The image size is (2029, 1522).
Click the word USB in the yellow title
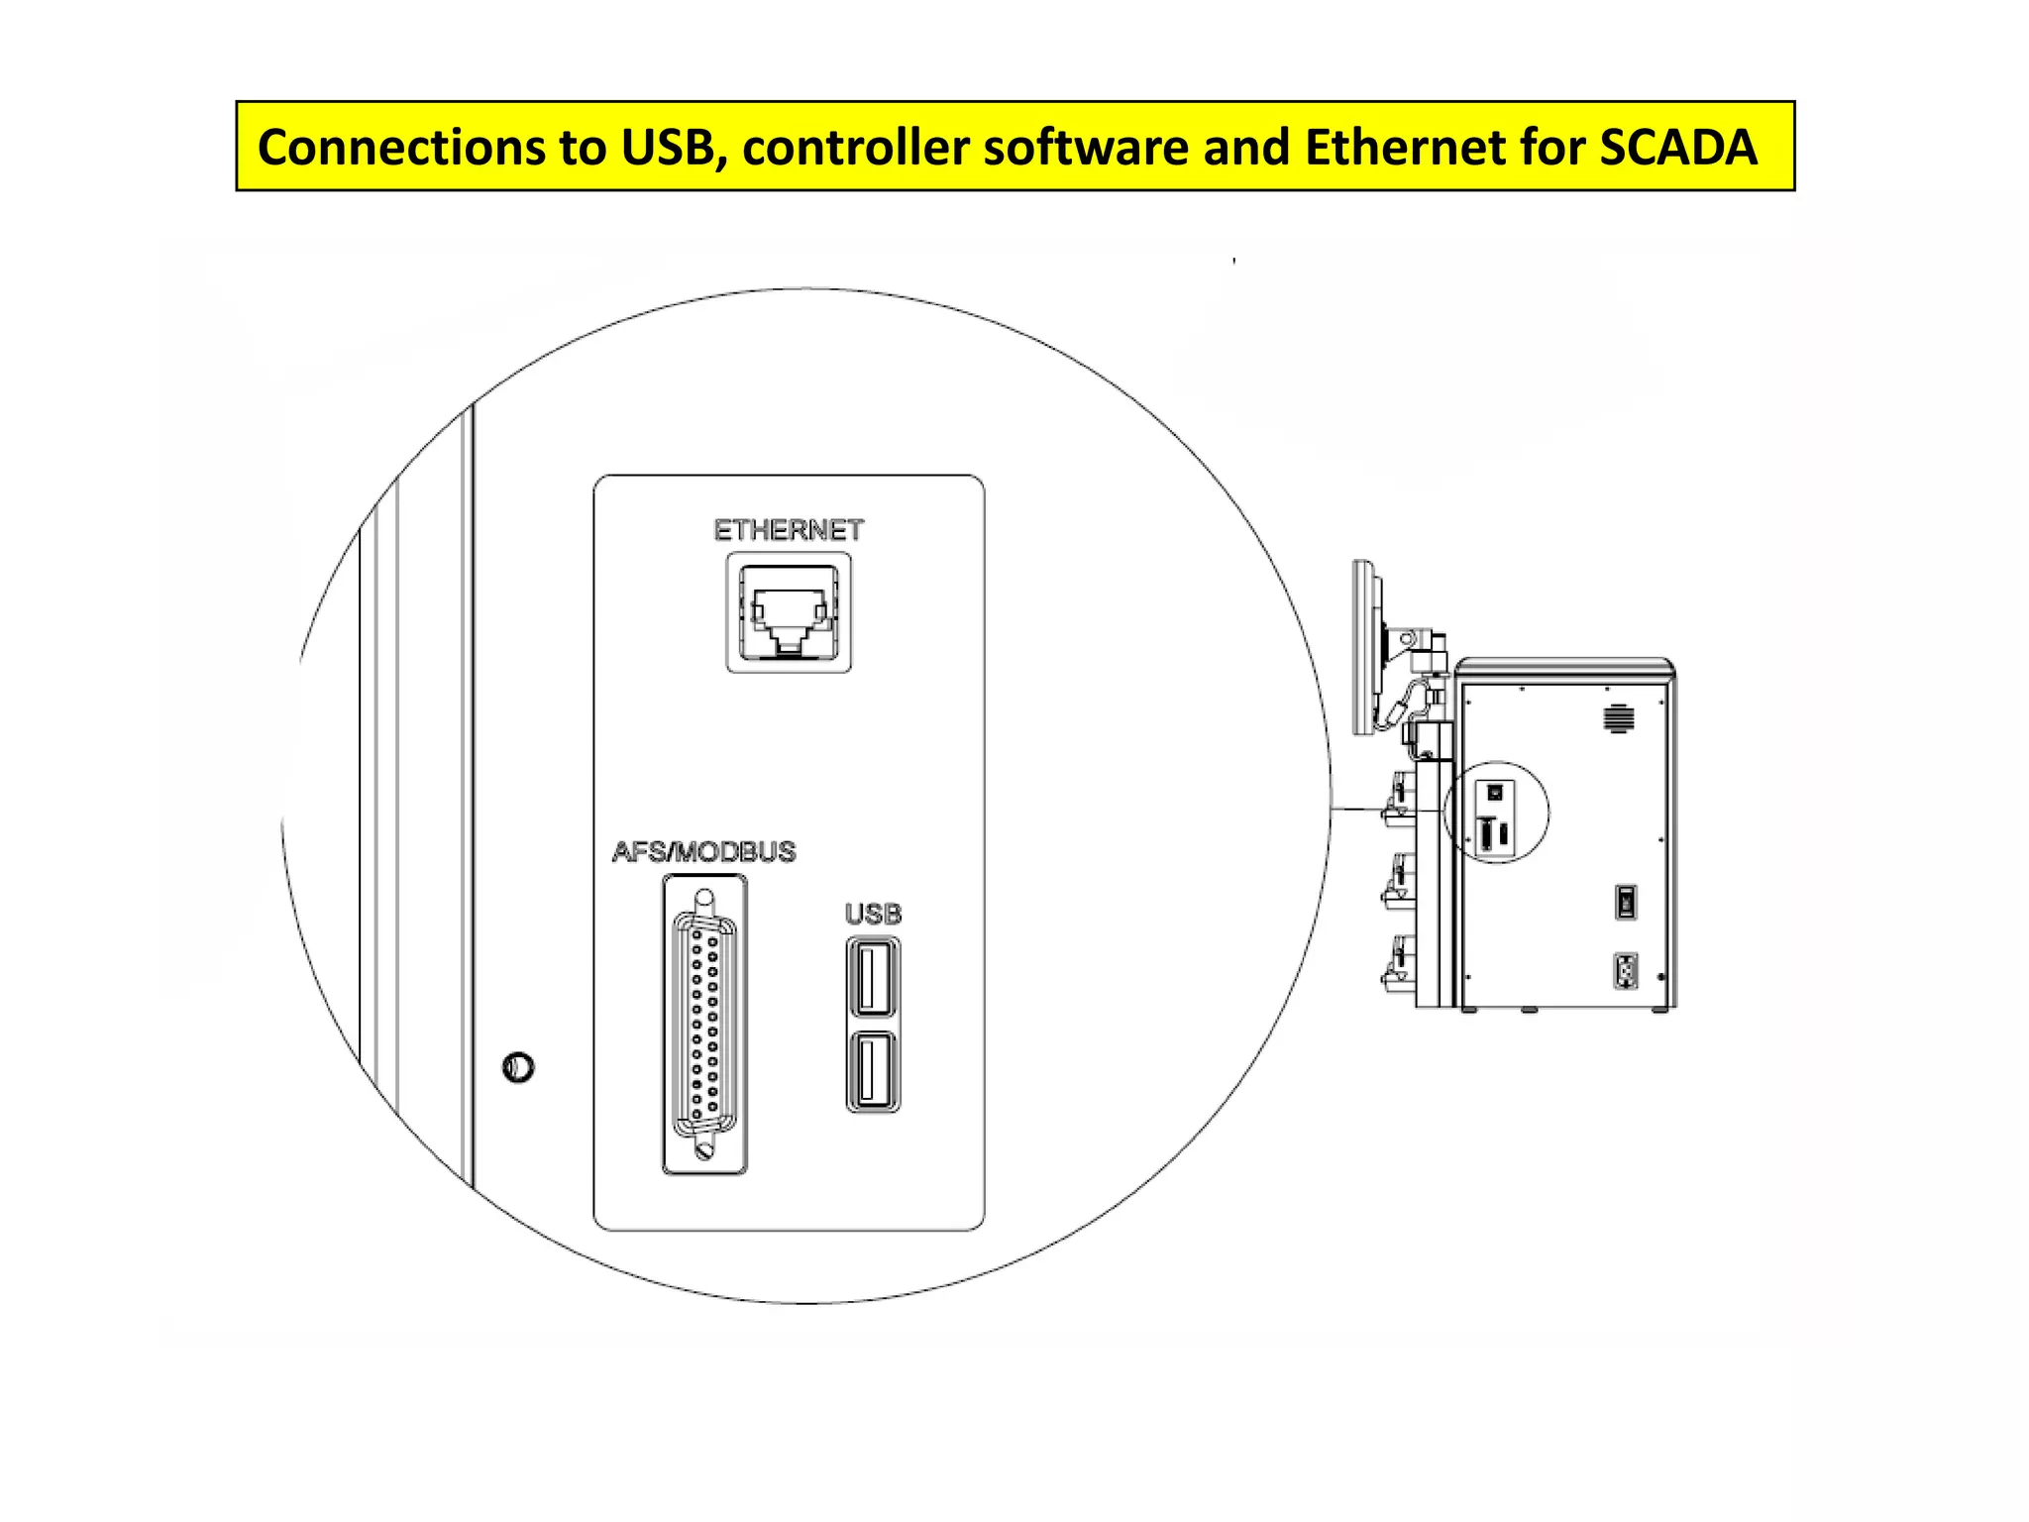tap(667, 147)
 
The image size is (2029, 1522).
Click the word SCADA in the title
tap(1677, 147)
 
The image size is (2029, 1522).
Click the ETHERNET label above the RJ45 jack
tap(789, 530)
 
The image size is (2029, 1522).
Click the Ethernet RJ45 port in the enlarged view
tap(789, 611)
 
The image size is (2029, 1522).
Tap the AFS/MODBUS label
tap(703, 851)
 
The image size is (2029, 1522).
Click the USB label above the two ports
tap(873, 914)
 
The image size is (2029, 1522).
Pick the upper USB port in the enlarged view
tap(873, 977)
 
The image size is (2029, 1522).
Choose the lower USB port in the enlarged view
tap(873, 1072)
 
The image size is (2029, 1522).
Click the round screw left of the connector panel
tap(518, 1067)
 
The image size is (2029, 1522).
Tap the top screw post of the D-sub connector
tap(703, 901)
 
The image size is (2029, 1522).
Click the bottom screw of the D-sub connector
tap(704, 1150)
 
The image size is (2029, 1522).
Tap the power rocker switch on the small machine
tap(1625, 902)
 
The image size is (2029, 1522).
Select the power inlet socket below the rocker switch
tap(1625, 971)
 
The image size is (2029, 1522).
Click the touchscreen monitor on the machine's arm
tap(1365, 647)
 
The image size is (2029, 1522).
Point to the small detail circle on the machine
tap(1497, 813)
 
